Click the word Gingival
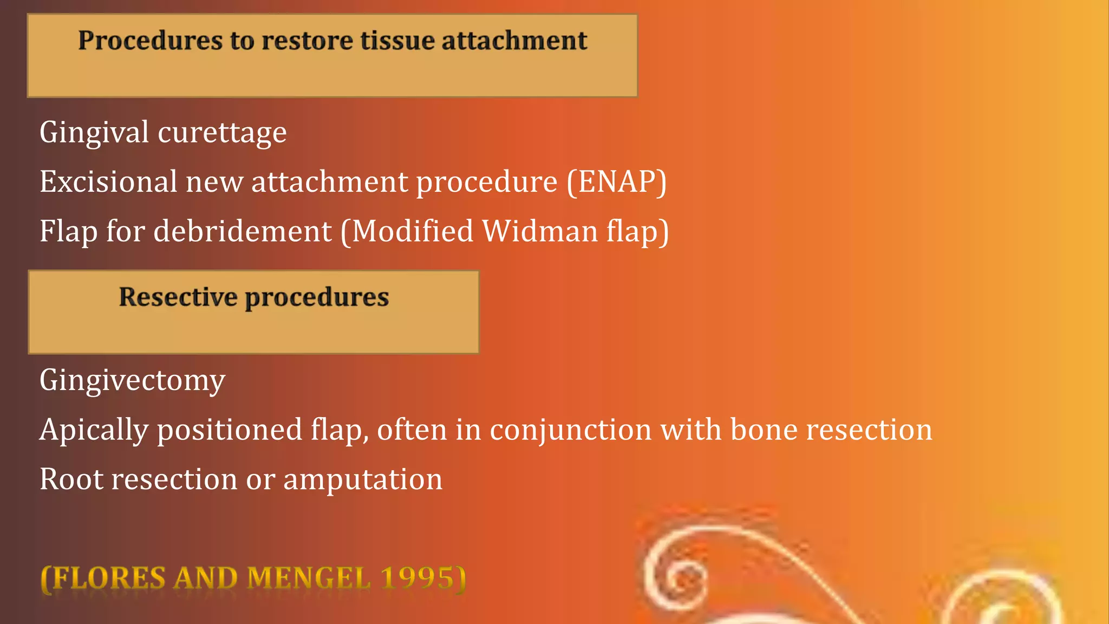(94, 133)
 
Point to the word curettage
(222, 133)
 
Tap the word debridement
(243, 231)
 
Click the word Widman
(540, 231)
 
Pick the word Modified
(413, 231)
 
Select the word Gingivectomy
(132, 380)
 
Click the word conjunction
(571, 430)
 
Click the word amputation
(363, 479)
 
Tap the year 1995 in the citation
(417, 578)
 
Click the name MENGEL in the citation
(309, 578)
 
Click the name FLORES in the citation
(108, 578)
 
